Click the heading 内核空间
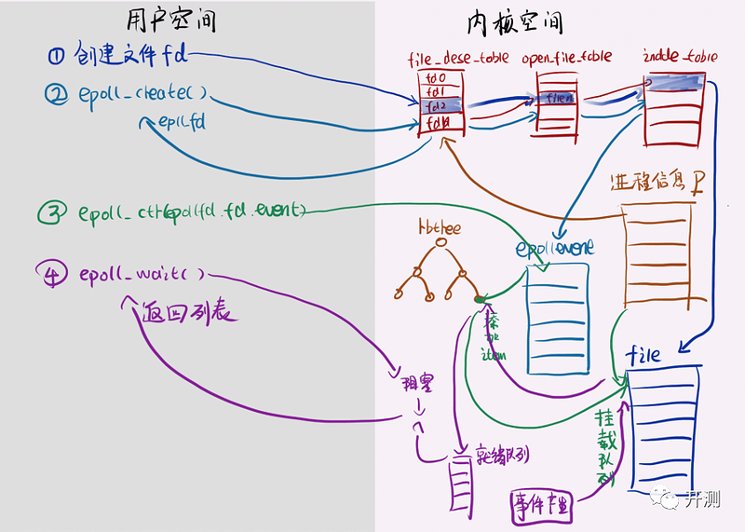coord(518,21)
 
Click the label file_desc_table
coord(449,59)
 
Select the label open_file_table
coord(567,57)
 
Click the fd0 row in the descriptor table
coord(435,78)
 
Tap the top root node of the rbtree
coord(440,245)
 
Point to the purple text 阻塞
coord(408,384)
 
